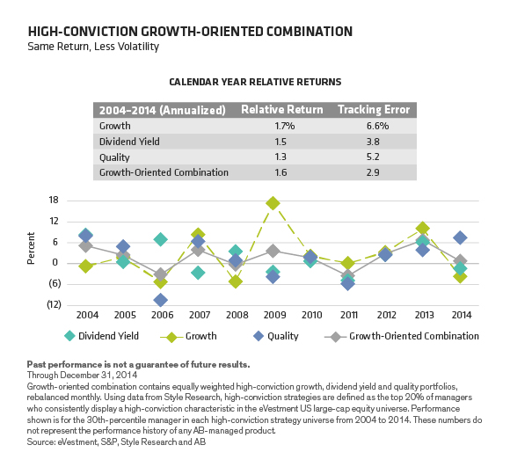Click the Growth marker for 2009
point(273,203)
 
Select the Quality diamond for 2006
point(161,300)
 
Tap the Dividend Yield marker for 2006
point(161,239)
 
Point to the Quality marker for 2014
point(460,237)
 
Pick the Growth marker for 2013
point(423,229)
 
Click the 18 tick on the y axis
point(53,200)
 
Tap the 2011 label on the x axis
point(348,315)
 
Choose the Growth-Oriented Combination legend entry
point(405,336)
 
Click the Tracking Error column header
point(374,110)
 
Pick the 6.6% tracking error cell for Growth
point(374,126)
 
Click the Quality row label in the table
point(115,157)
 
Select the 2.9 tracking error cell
point(374,173)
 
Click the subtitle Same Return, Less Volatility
point(93,47)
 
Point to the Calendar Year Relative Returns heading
point(255,82)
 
